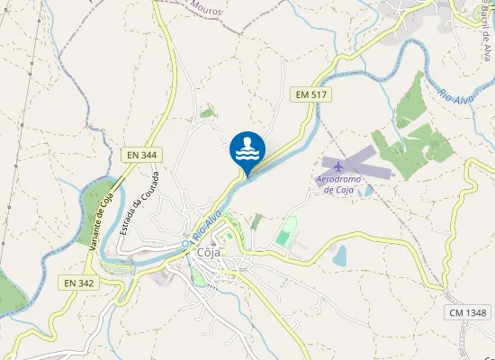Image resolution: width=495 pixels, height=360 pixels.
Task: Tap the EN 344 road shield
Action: tap(141, 155)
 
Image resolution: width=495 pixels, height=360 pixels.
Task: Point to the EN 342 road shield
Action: tap(79, 283)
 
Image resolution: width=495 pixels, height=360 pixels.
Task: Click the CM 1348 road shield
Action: tap(468, 312)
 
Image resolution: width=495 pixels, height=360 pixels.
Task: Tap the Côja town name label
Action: tap(209, 253)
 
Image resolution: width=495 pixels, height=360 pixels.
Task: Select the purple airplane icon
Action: tap(337, 166)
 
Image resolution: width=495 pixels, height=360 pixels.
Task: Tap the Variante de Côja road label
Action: tap(103, 221)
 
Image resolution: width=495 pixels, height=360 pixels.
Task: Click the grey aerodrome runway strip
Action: tap(360, 162)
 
